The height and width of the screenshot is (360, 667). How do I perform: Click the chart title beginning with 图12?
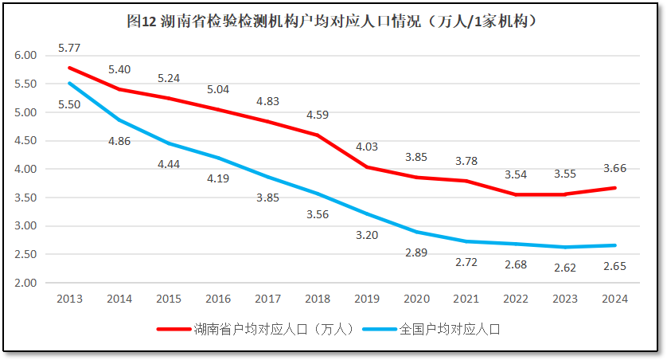(x=333, y=22)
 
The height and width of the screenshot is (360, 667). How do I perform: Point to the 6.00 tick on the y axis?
(x=26, y=55)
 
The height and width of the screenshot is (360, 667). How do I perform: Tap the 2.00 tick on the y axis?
(x=26, y=283)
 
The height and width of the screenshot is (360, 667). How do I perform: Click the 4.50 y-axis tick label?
(x=26, y=140)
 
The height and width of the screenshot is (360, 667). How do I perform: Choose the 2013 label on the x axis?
(x=69, y=299)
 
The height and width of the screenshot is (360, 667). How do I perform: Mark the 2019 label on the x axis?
(x=367, y=299)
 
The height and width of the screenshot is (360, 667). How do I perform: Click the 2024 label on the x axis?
(x=614, y=299)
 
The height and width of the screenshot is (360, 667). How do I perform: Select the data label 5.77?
(x=69, y=49)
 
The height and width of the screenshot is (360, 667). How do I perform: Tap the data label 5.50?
(x=69, y=104)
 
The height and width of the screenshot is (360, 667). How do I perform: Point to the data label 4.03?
(x=367, y=147)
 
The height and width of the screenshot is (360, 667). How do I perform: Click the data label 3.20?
(x=367, y=235)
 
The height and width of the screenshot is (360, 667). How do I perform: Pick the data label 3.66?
(x=614, y=168)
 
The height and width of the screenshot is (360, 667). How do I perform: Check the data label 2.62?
(x=565, y=268)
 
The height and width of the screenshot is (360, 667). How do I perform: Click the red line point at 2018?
(x=318, y=135)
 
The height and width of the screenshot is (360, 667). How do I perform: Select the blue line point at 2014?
(x=119, y=119)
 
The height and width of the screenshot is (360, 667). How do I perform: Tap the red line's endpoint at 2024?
(x=614, y=188)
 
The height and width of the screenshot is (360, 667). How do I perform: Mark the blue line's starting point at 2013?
(x=69, y=83)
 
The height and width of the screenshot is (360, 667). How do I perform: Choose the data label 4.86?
(x=119, y=141)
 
